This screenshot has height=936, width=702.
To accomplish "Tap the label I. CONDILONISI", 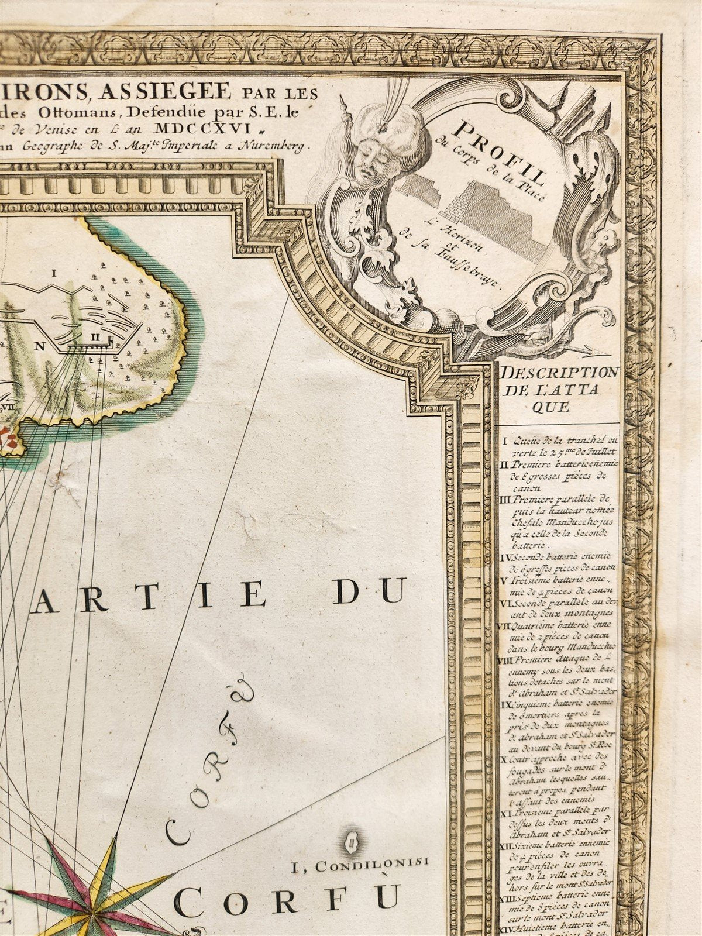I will (x=360, y=861).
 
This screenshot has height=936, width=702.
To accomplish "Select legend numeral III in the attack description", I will (x=507, y=500).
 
